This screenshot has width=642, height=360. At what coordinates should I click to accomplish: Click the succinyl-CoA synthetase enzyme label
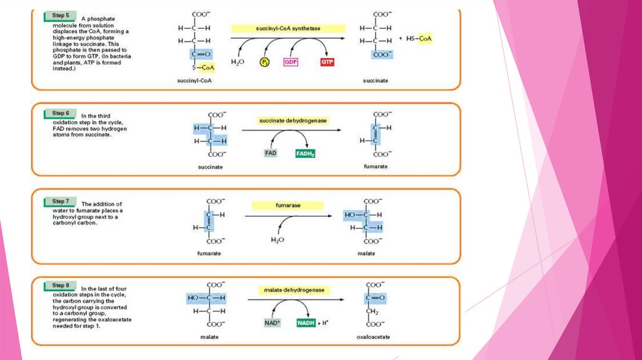288,28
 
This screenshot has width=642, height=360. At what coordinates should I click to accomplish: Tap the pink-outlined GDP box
290,62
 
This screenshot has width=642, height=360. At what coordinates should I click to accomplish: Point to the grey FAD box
270,153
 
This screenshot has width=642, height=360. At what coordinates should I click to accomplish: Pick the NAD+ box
271,323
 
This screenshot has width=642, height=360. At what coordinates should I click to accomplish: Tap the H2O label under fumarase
276,240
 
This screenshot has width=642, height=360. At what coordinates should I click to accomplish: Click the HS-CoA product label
419,39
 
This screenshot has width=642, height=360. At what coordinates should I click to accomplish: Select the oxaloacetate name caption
374,337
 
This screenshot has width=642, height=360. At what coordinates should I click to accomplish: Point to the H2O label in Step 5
237,62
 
